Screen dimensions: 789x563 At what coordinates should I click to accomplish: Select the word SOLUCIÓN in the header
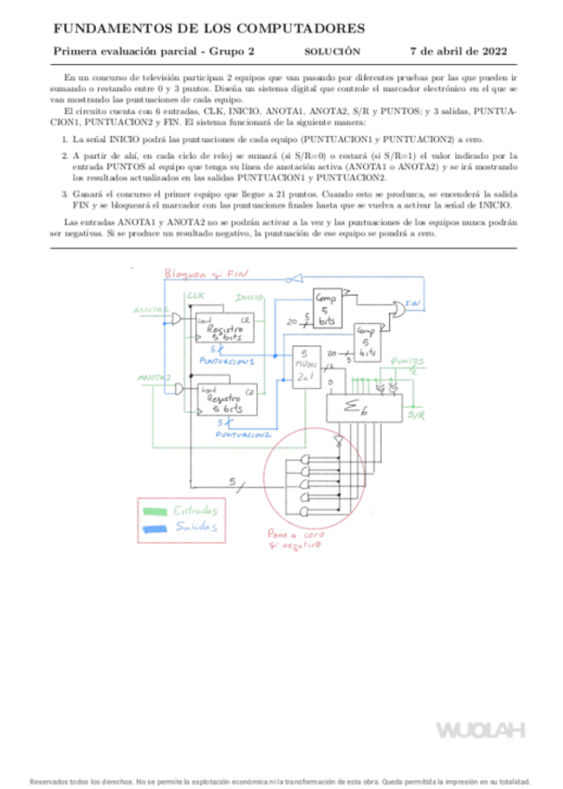pyautogui.click(x=332, y=52)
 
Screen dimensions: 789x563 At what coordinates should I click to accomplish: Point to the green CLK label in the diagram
pyautogui.click(x=195, y=296)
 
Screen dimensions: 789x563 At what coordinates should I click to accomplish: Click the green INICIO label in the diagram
pyautogui.click(x=248, y=297)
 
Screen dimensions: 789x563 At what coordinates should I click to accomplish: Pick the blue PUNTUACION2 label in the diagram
pyautogui.click(x=243, y=435)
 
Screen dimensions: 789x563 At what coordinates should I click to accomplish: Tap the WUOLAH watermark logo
pyautogui.click(x=481, y=729)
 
